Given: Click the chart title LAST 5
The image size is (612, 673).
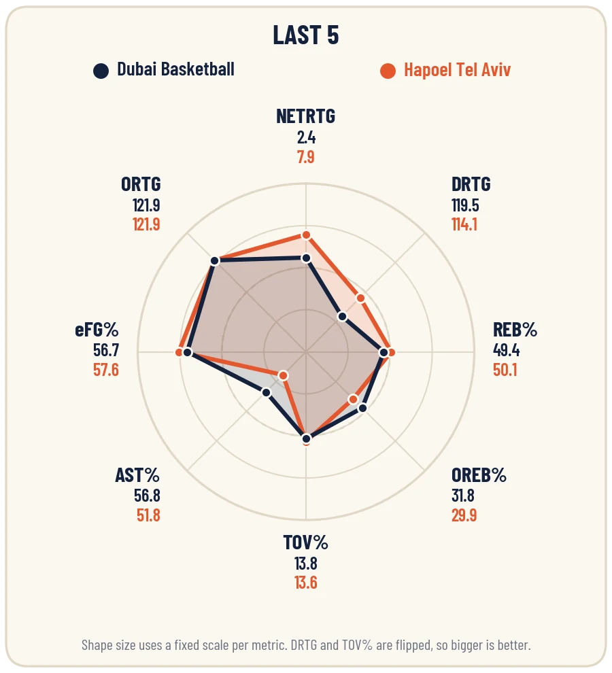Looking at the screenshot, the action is tap(306, 35).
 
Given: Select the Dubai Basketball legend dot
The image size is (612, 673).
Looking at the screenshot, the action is tap(101, 71).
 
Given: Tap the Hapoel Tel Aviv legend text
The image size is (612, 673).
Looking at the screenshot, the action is tap(457, 70).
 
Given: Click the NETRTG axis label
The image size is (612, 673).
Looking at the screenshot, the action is tap(306, 116).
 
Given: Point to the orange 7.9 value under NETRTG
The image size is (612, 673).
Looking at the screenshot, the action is tap(306, 157).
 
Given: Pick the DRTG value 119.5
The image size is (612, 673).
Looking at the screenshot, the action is tap(465, 205).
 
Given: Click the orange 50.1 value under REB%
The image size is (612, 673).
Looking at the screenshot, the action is tap(505, 370).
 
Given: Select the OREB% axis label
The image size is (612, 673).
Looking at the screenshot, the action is tap(479, 475).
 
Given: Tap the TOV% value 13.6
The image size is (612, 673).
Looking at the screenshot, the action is tap(306, 583).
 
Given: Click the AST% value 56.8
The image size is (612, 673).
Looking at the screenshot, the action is tap(147, 496).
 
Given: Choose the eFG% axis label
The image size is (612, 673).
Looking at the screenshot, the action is tap(97, 330).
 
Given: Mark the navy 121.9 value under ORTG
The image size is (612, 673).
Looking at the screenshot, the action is tap(146, 205).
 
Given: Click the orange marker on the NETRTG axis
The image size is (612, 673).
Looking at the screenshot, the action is tap(306, 235).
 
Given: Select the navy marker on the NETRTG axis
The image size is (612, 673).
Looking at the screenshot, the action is tap(306, 258).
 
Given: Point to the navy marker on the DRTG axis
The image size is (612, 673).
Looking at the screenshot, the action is tap(342, 316).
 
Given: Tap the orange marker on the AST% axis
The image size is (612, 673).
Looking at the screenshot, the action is tap(283, 375).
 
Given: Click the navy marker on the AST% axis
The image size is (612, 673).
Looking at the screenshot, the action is tap(267, 392).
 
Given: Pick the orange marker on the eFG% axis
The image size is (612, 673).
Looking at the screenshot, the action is tap(179, 352).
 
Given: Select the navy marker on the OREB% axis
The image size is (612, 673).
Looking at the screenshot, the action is tap(362, 408).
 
